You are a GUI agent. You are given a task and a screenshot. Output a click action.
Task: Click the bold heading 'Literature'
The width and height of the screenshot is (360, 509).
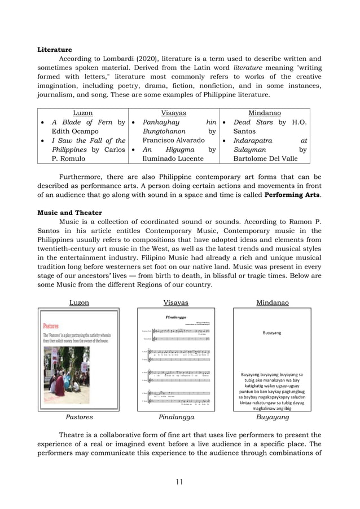(55, 50)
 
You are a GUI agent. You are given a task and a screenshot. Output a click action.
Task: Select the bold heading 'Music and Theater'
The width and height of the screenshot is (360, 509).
(69, 213)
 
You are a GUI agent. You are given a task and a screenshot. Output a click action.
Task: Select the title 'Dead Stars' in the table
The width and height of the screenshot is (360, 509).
(252, 122)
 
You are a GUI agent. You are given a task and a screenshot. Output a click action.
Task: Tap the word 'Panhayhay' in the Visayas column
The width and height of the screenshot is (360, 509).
(161, 122)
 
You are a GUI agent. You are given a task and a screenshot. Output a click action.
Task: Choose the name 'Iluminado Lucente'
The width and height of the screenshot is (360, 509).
(173, 159)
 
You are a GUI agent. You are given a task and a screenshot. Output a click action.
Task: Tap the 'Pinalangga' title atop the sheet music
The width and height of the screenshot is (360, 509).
(176, 317)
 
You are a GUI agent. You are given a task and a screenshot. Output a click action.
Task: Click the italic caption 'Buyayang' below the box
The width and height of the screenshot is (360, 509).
(273, 417)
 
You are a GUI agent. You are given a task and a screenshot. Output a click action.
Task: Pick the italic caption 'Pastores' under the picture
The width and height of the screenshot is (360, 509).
(79, 417)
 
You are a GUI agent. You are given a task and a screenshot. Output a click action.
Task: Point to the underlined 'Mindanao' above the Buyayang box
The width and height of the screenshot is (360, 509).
(273, 302)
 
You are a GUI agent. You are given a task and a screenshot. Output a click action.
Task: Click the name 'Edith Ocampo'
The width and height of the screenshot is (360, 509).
(75, 131)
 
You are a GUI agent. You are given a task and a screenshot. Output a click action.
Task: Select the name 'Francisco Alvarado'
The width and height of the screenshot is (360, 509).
(174, 141)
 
